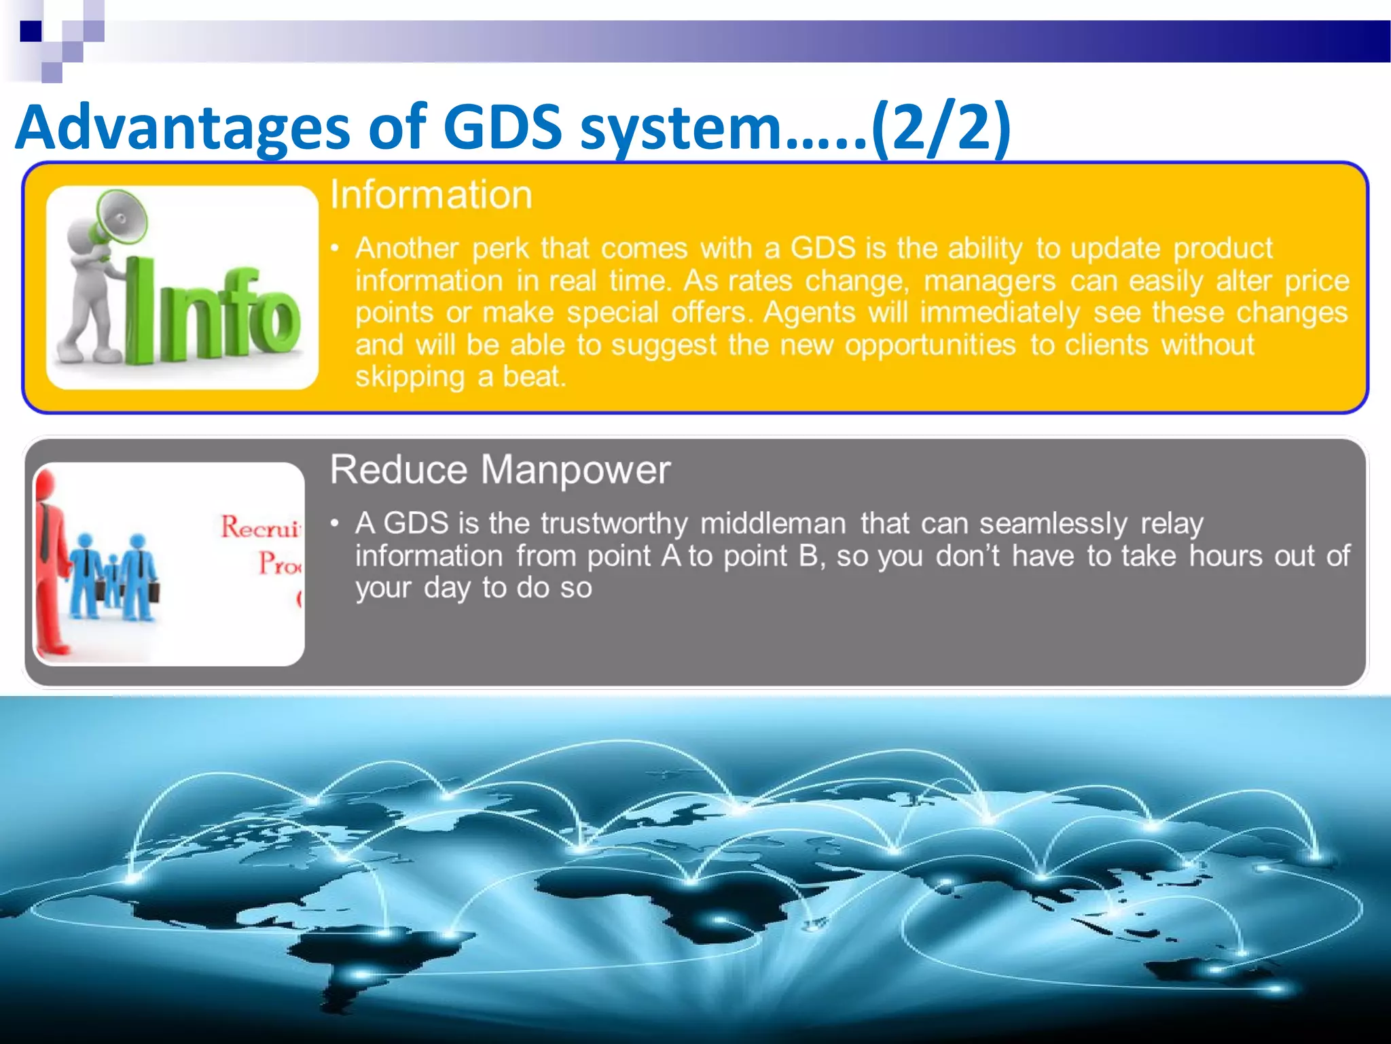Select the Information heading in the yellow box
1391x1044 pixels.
[x=431, y=195]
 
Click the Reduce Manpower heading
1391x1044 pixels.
[x=500, y=470]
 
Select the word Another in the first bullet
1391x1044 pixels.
[x=407, y=248]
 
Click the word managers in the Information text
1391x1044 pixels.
[x=989, y=281]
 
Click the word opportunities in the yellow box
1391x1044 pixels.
[x=931, y=345]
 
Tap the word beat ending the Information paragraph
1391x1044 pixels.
[x=533, y=377]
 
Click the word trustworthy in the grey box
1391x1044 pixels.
[x=614, y=523]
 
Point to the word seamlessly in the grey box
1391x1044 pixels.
[x=1053, y=523]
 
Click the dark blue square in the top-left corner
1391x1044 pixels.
[x=31, y=31]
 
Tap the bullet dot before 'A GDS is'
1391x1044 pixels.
[x=334, y=523]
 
